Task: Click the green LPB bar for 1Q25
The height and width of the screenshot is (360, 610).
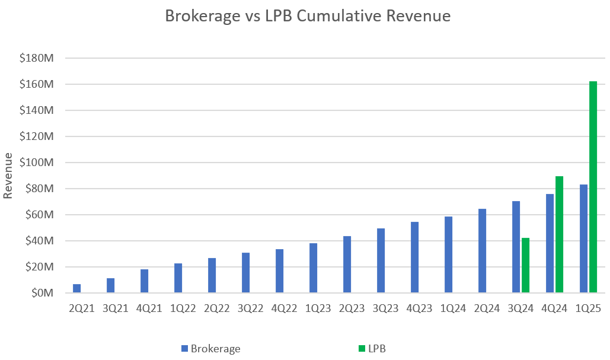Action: [x=593, y=187]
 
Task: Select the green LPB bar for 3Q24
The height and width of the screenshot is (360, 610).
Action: [x=525, y=265]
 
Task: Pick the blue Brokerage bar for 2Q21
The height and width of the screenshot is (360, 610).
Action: [x=77, y=288]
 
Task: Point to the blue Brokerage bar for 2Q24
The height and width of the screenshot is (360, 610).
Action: [x=482, y=250]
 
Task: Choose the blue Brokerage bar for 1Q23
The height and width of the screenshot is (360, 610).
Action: [x=314, y=267]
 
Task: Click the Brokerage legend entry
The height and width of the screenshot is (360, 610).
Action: [x=211, y=349]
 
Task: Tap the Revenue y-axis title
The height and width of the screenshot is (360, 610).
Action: [x=8, y=176]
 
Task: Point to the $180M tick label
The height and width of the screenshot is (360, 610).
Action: [x=37, y=58]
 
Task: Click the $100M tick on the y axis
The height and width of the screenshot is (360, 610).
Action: [x=37, y=163]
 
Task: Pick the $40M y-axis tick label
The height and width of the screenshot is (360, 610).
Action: [x=39, y=241]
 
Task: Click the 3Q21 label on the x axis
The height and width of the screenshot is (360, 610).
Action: [x=115, y=310]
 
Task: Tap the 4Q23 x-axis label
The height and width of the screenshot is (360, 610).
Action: [x=419, y=310]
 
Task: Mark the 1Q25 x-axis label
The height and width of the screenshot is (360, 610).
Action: [x=587, y=310]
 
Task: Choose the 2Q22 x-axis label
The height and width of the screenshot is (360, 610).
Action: [x=216, y=310]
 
